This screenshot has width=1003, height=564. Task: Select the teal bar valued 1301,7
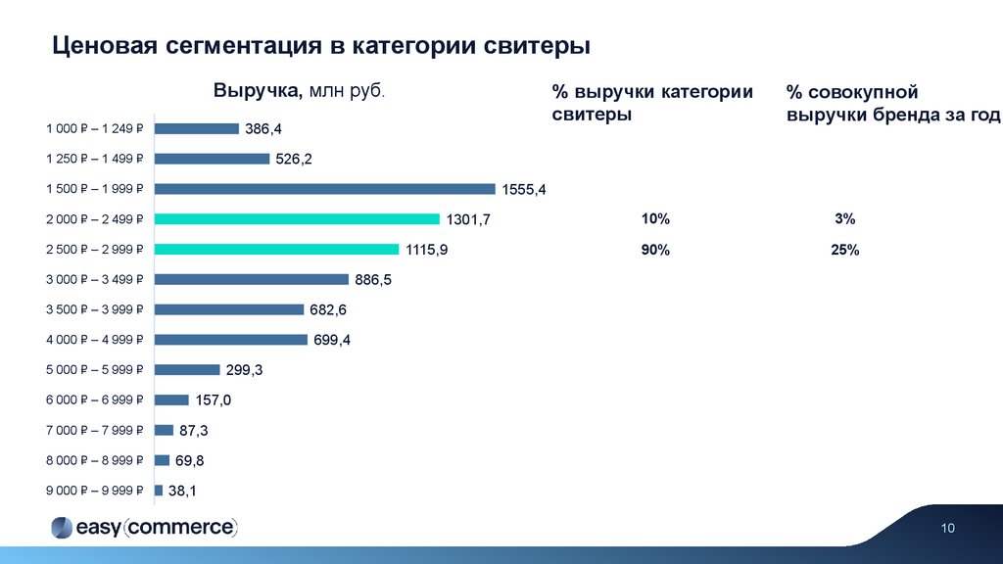(x=297, y=219)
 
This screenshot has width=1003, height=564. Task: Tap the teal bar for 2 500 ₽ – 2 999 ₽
(x=276, y=249)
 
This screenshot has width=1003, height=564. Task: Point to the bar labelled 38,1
(x=159, y=490)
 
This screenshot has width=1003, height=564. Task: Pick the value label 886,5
(x=373, y=280)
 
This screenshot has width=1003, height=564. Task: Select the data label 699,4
(x=332, y=341)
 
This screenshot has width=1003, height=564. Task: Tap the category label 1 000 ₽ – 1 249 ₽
(x=95, y=128)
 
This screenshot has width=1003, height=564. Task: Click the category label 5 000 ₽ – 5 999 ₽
(x=95, y=370)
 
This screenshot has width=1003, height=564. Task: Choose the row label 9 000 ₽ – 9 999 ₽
(x=95, y=491)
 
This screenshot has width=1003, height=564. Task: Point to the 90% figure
(x=655, y=250)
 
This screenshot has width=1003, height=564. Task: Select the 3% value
(x=845, y=219)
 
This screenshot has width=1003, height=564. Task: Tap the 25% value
(x=845, y=251)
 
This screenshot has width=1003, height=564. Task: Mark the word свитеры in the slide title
(x=539, y=45)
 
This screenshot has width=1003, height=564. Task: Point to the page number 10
(x=947, y=529)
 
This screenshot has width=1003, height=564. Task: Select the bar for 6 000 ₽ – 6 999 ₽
(x=171, y=399)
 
